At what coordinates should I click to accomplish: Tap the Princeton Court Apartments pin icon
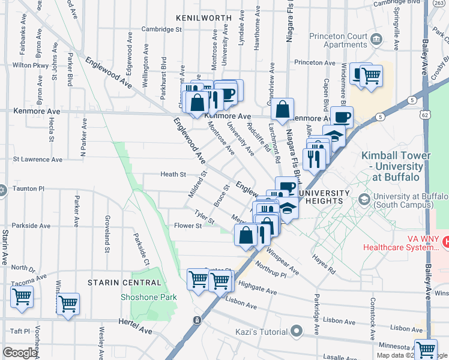tap(376, 40)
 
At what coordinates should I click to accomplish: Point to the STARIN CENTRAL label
tap(124, 283)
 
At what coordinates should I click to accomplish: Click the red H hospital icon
tap(445, 241)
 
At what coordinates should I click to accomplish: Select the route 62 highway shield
tap(426, 113)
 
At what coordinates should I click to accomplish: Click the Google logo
tap(20, 353)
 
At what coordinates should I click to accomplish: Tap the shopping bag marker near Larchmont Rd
tap(282, 110)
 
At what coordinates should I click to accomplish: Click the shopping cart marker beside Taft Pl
tap(22, 296)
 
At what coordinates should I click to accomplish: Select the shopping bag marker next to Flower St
tap(246, 235)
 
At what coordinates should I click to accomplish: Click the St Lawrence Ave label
tap(37, 160)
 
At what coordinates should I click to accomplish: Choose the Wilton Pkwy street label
tap(29, 65)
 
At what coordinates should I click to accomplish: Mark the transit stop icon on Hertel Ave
tap(196, 320)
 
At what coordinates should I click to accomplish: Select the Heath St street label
tap(173, 175)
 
